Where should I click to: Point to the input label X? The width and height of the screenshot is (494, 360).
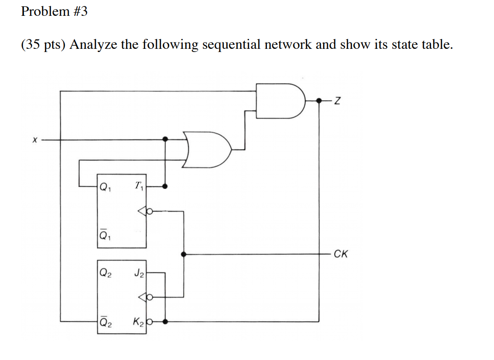[34, 141]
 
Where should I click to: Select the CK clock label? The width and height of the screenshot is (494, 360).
[340, 254]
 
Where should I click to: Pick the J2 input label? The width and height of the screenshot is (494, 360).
[139, 273]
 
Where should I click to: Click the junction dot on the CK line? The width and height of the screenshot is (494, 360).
[183, 254]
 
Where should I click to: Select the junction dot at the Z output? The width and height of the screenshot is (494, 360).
[319, 100]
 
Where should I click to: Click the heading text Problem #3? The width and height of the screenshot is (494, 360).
[54, 12]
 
